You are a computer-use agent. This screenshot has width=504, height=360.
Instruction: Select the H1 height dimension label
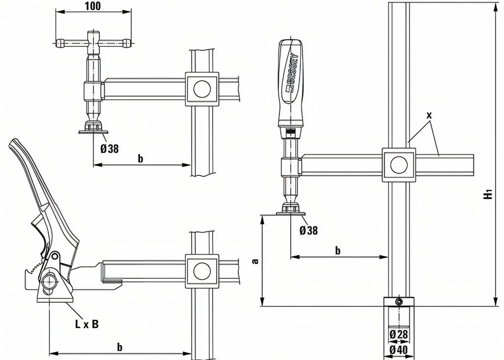click(x=488, y=195)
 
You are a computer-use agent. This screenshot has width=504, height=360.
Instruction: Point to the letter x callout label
click(x=429, y=115)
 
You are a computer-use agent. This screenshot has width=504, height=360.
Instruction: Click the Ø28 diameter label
click(x=398, y=334)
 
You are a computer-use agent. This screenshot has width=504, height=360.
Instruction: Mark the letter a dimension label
click(x=255, y=261)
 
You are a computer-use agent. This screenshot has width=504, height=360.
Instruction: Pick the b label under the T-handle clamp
click(x=141, y=158)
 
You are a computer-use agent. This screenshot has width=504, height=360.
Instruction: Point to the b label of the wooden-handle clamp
click(x=338, y=250)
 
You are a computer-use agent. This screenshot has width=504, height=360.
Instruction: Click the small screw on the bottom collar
click(x=399, y=302)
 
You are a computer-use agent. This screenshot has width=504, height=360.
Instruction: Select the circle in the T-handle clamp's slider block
click(x=202, y=88)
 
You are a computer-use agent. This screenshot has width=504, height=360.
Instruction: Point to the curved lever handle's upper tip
click(x=13, y=146)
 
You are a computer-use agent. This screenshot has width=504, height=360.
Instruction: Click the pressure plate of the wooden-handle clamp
click(x=291, y=214)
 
